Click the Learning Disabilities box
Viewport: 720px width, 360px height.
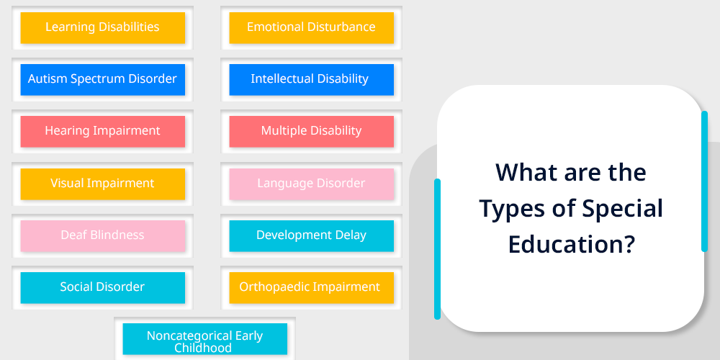click(102, 27)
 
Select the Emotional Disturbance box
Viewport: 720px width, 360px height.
click(311, 27)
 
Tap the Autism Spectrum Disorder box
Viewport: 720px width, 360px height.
click(102, 79)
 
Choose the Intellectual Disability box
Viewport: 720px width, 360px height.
click(311, 79)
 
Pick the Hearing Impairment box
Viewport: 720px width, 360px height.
click(102, 131)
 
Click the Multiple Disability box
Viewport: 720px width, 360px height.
click(311, 131)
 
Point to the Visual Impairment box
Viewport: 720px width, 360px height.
click(102, 184)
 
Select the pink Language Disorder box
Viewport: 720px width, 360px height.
click(311, 184)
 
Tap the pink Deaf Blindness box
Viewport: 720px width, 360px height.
click(102, 235)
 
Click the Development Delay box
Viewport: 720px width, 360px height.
click(311, 235)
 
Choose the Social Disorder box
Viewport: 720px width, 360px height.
click(102, 287)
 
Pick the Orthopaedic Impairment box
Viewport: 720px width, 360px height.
click(311, 287)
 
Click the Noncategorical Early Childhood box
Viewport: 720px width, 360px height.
click(204, 339)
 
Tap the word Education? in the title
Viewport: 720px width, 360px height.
click(571, 243)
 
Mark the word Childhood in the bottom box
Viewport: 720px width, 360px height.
click(202, 348)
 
